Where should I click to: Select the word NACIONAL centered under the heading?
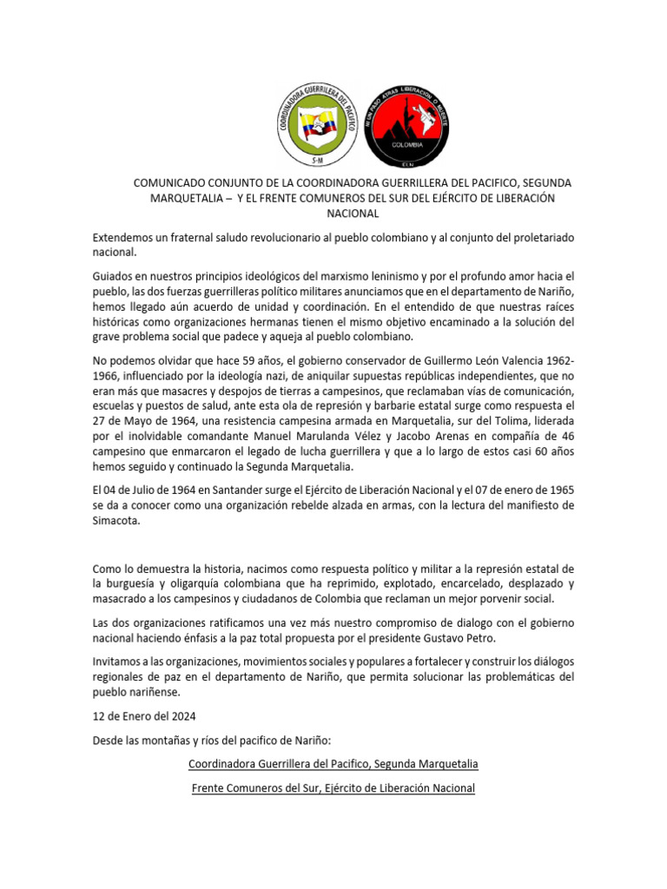click(352, 213)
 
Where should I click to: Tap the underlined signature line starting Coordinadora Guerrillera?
click(333, 764)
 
